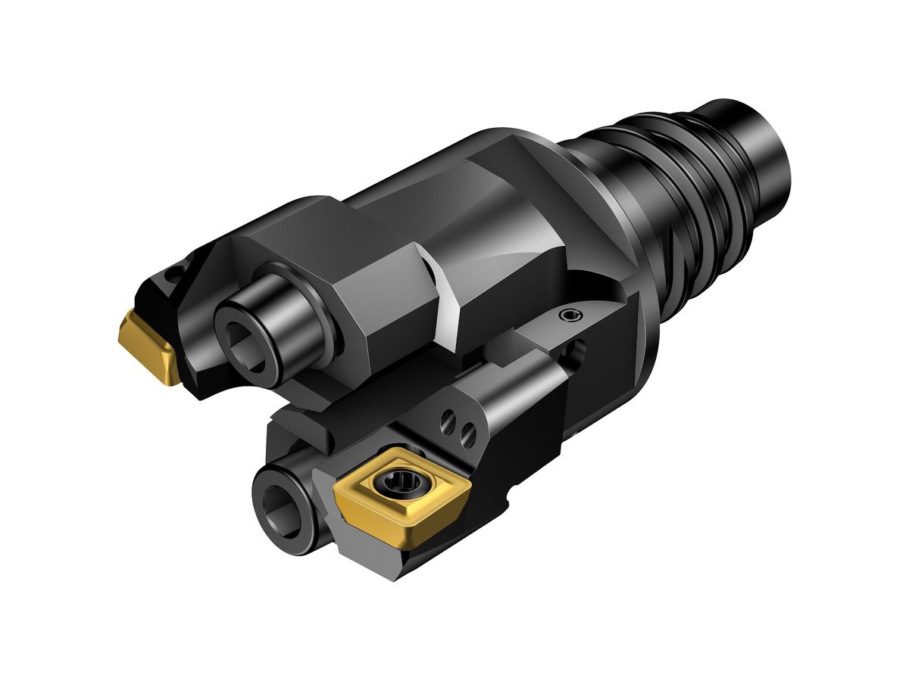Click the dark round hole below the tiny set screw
pyautogui.click(x=577, y=352)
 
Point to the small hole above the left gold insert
pyautogui.click(x=176, y=270)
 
